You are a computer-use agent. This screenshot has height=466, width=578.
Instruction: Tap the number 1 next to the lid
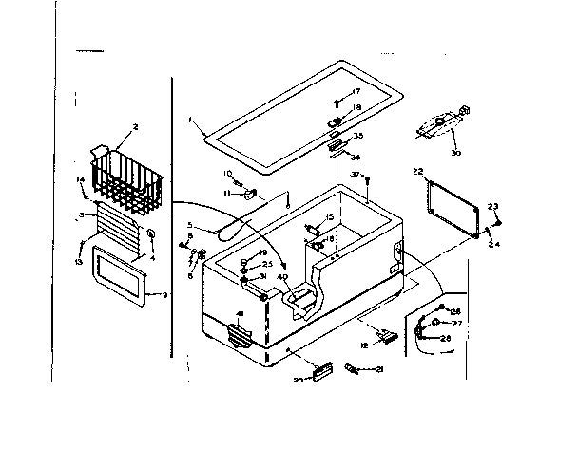(x=190, y=121)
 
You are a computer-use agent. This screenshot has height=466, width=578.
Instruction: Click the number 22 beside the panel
(x=417, y=171)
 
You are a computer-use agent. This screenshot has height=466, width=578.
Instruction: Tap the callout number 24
(x=493, y=243)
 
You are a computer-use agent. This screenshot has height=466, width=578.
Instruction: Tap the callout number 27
(x=455, y=324)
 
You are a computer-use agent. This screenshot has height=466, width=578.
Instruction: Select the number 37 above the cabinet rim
(x=355, y=175)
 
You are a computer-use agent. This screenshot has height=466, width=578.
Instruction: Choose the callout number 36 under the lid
(x=356, y=158)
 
